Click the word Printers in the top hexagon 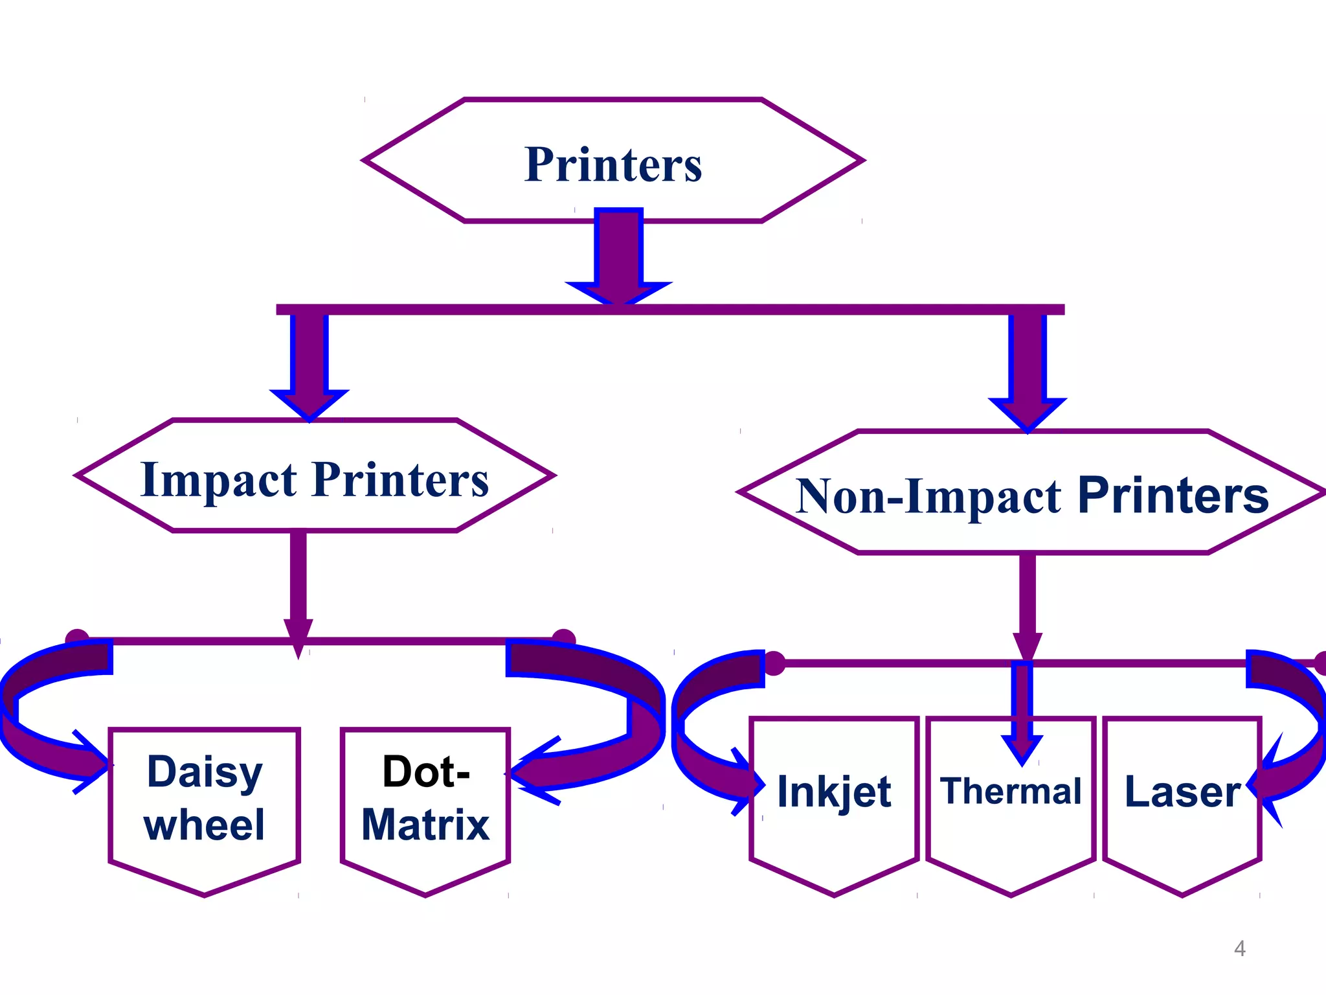612,165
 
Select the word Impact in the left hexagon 218,481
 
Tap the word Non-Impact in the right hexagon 928,497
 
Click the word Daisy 205,772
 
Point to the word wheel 205,825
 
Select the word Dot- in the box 425,772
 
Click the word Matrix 425,825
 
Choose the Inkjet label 834,792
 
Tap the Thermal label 1011,791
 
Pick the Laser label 1182,791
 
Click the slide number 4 1239,948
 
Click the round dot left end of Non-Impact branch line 774,663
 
